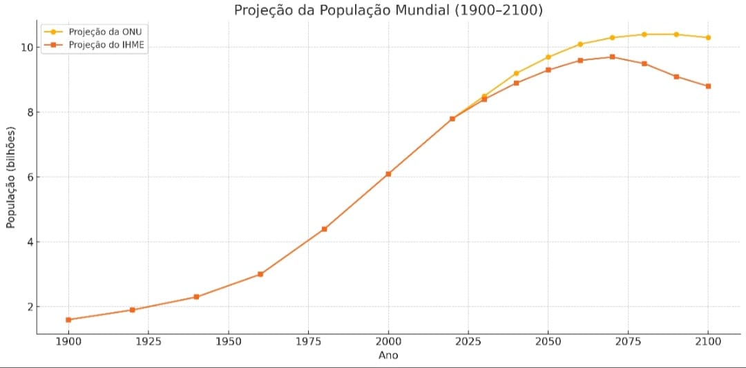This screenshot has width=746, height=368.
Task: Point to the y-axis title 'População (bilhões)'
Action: [11, 177]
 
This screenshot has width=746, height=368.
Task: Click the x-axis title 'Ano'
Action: [388, 356]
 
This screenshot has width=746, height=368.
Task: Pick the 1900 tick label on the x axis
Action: [68, 342]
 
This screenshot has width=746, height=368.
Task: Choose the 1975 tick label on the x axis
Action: [308, 342]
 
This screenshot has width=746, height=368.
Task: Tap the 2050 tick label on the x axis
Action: [548, 342]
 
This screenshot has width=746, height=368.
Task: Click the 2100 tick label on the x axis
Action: [708, 342]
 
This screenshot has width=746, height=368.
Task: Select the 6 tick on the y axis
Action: [28, 177]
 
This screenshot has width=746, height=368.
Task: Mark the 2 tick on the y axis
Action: [28, 307]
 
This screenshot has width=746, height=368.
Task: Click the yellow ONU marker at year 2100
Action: [708, 37]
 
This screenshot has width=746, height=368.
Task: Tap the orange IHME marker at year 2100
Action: [708, 86]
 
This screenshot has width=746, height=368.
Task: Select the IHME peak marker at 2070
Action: [612, 57]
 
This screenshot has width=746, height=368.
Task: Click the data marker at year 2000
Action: [388, 174]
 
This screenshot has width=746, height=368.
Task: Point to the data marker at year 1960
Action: [260, 274]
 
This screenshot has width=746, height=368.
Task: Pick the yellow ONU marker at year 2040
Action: [516, 73]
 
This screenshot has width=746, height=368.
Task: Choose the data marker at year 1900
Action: [68, 320]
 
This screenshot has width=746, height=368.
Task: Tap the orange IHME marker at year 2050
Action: [548, 70]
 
